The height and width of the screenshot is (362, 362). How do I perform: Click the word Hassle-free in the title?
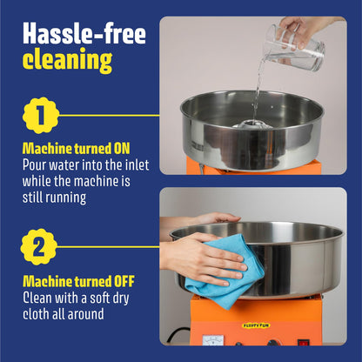[x=84, y=33]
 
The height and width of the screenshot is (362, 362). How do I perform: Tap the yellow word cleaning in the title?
[x=67, y=60]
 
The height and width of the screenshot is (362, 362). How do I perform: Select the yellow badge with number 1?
[x=41, y=116]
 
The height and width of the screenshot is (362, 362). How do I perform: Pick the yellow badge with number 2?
[x=39, y=247]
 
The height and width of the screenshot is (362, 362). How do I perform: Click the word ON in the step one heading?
[x=122, y=149]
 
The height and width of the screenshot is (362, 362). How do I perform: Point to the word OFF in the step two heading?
[x=124, y=281]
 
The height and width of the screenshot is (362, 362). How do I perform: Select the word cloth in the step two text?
[x=36, y=314]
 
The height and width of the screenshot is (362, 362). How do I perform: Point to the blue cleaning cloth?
[x=225, y=267]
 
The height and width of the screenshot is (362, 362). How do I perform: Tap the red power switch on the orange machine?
[x=304, y=343]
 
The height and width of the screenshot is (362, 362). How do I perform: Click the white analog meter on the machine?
[x=213, y=340]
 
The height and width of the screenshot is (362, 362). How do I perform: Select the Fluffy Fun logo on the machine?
[x=256, y=325]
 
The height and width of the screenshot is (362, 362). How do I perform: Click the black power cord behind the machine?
[x=178, y=334]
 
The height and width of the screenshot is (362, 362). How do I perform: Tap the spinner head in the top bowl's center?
[x=251, y=125]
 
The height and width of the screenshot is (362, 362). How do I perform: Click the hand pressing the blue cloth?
[x=203, y=259]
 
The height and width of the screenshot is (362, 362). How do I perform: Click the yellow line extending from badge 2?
[x=108, y=247]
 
